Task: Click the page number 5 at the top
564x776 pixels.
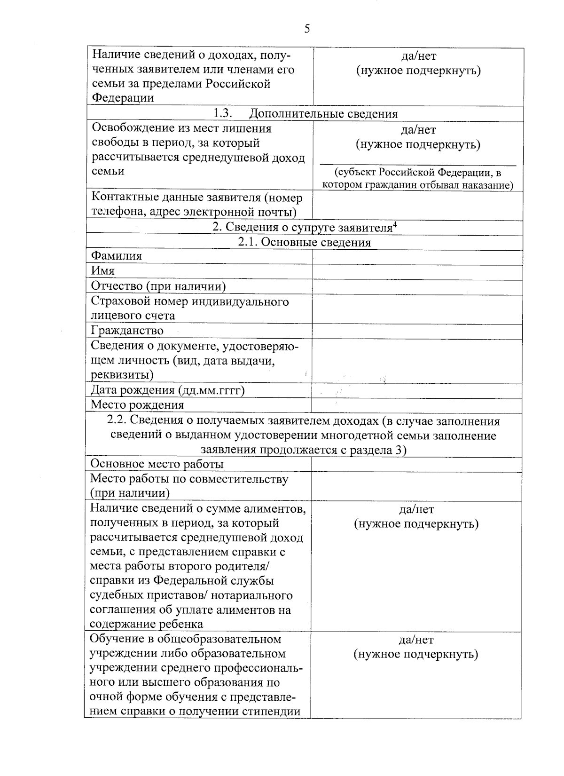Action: pos(307,29)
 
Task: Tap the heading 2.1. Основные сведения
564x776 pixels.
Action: pos(304,242)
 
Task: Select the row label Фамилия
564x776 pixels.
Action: pos(116,256)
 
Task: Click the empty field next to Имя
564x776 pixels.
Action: pos(417,271)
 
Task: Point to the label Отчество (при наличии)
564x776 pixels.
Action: pos(158,286)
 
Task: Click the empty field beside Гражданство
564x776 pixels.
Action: pos(417,331)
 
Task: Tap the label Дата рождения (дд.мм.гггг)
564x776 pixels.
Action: pos(167,390)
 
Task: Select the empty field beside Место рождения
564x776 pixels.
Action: pos(417,405)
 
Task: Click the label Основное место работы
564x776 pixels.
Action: pos(157,464)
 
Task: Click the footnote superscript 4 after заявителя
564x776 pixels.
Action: pos(395,224)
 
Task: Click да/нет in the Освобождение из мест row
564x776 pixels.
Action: pos(418,130)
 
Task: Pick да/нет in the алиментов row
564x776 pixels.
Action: pos(416,509)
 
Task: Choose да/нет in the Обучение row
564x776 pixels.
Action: pos(416,640)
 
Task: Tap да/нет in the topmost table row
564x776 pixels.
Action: pos(418,56)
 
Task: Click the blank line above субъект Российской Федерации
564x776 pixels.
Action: pos(418,162)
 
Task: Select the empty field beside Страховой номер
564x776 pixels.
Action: pos(417,309)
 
